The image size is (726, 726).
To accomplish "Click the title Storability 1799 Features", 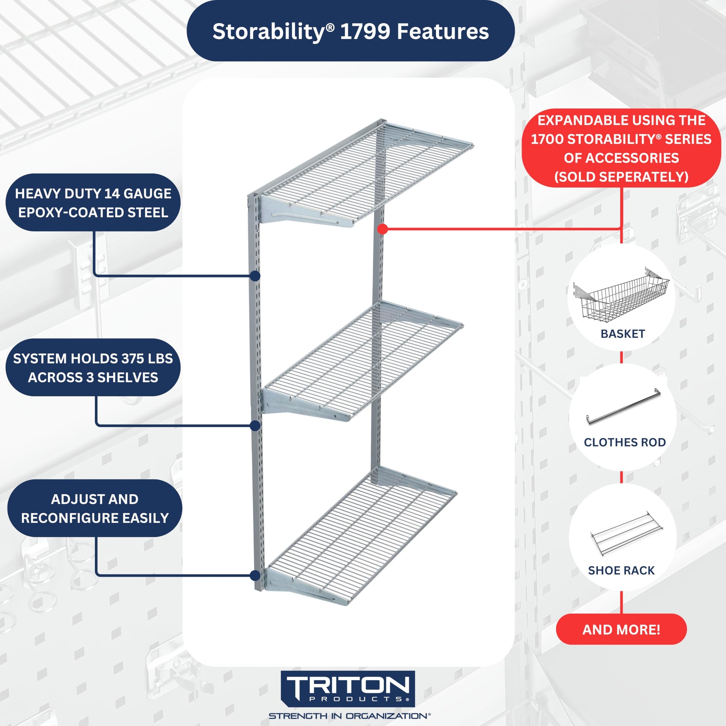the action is click(x=350, y=31).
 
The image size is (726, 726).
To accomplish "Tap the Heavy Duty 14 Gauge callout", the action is click(x=93, y=203).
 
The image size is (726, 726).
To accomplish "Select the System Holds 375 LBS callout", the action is click(x=93, y=367).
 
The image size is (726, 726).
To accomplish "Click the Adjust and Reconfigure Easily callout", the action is click(x=95, y=508).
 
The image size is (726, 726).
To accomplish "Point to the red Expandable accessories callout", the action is click(x=621, y=148).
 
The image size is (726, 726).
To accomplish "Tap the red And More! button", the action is click(x=621, y=629).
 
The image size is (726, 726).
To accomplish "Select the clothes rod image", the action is click(x=623, y=406).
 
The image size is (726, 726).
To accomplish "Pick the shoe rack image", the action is click(x=626, y=533).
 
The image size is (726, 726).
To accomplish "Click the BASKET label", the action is click(x=623, y=334).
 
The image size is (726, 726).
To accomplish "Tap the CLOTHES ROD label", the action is click(x=625, y=442).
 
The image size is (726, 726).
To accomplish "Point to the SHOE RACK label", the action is click(x=621, y=570).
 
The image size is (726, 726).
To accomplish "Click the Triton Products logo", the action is click(x=348, y=689).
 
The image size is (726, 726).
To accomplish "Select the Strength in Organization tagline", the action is click(x=350, y=716).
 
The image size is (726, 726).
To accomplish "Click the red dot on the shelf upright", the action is click(x=382, y=229).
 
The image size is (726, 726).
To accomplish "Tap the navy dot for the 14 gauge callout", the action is click(x=255, y=276).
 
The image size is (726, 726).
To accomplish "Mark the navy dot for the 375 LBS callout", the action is click(x=255, y=426).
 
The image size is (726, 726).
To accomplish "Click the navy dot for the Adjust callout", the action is click(x=255, y=575).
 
